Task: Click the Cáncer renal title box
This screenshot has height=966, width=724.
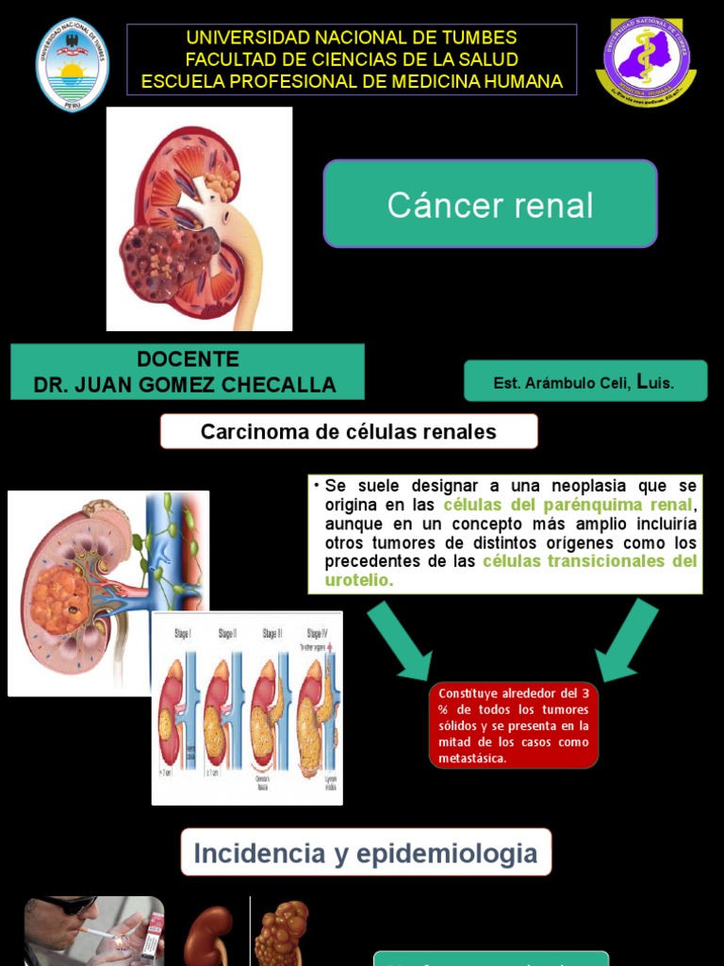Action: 490,204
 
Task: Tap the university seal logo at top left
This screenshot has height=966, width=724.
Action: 72,64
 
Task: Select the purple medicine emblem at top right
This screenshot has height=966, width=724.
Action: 646,62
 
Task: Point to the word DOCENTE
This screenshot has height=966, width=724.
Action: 188,359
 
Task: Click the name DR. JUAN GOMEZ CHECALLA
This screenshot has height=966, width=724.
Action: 185,385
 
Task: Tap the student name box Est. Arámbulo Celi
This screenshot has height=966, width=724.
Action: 584,382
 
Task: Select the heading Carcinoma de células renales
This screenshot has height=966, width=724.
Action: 349,432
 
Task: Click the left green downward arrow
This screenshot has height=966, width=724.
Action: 400,641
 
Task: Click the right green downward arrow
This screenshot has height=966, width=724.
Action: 627,641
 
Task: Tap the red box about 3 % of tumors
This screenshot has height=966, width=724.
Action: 514,725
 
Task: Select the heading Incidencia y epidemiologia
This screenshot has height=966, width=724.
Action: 365,854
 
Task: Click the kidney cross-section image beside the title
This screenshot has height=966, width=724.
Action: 199,219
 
